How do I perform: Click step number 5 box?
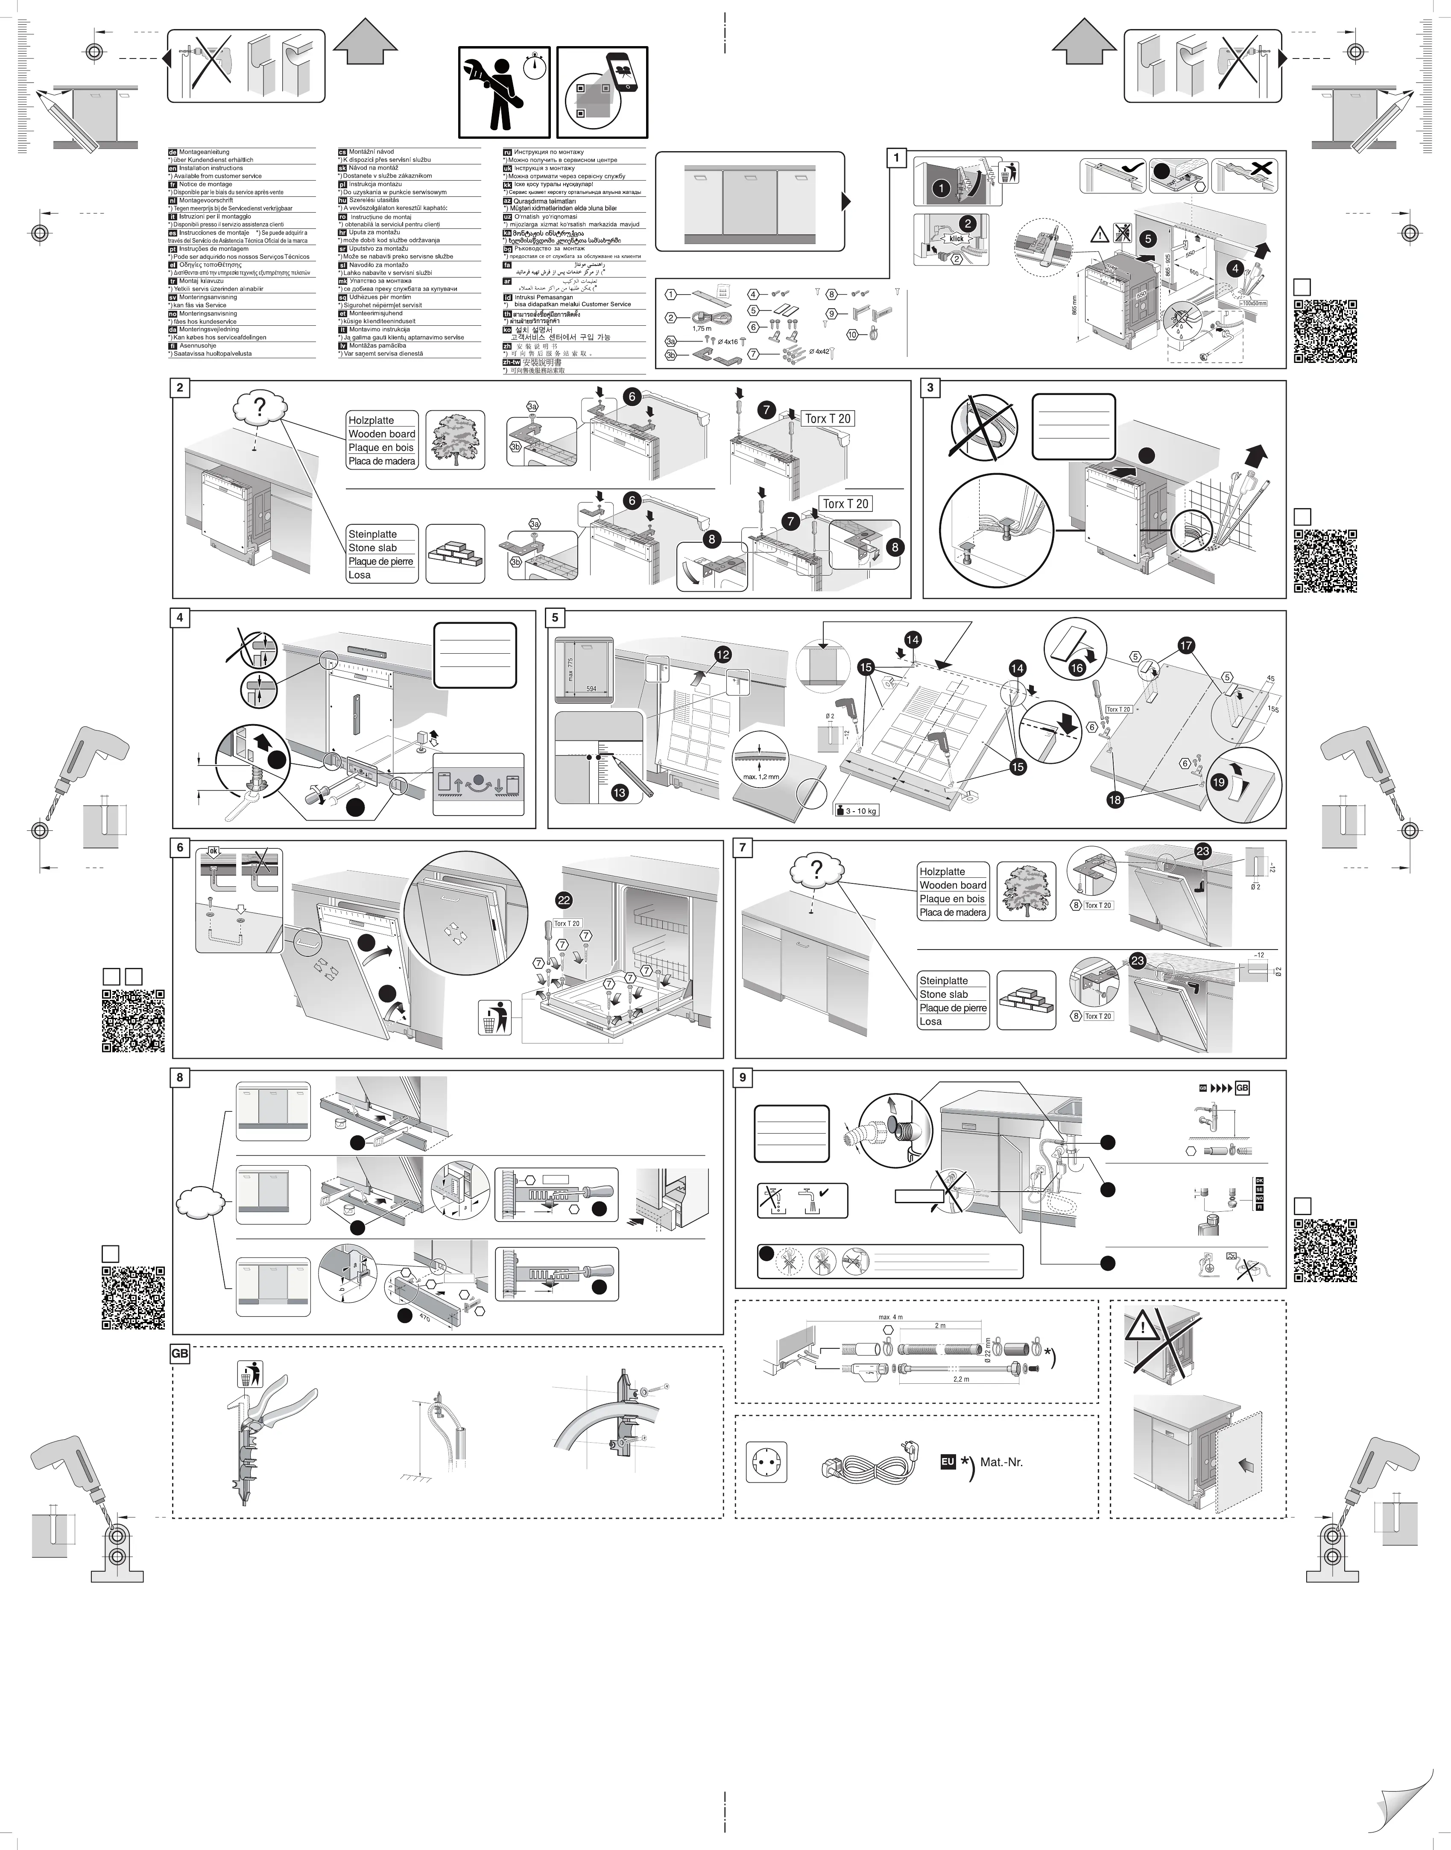coord(556,618)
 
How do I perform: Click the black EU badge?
coord(948,1462)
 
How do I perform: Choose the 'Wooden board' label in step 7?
coord(952,885)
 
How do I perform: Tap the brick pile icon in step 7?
coord(1026,1001)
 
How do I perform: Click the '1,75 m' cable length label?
coord(702,328)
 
